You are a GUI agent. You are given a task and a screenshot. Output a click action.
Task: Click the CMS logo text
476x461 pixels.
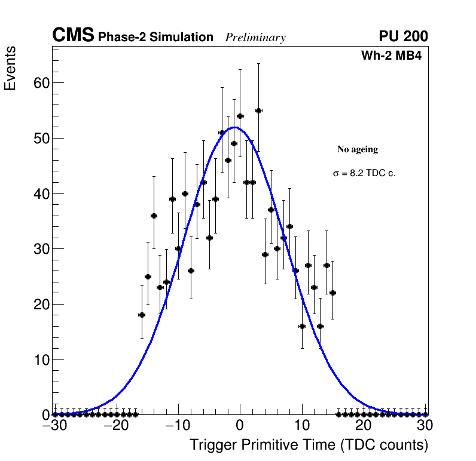point(73,36)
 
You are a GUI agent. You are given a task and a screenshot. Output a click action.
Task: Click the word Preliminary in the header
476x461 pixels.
point(255,38)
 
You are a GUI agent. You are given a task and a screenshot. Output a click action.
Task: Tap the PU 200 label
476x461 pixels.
point(403,36)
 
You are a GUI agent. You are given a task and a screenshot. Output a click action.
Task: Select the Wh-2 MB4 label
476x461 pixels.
point(392,56)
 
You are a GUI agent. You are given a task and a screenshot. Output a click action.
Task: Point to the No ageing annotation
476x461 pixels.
point(358,149)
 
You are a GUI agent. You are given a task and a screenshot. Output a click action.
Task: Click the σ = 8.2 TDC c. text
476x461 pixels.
point(364,173)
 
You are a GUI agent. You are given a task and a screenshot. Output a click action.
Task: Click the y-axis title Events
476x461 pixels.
point(10,68)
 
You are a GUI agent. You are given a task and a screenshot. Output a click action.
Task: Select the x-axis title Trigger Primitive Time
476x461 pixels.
point(309,445)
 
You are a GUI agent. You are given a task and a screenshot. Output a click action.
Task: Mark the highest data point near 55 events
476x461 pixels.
point(258,110)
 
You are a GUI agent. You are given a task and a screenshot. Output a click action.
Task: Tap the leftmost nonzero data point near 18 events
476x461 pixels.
point(142,315)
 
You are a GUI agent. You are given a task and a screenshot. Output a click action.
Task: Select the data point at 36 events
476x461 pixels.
point(154,216)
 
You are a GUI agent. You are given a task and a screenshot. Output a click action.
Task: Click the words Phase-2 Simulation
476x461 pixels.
point(155,38)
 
